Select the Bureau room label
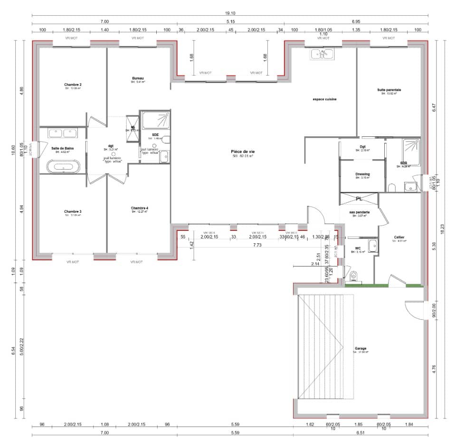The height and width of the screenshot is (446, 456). click(138, 78)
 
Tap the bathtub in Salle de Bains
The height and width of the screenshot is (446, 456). click(63, 167)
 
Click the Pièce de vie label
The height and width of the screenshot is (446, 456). click(243, 151)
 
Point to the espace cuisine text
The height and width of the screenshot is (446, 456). click(324, 99)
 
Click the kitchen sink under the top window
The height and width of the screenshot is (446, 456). click(323, 54)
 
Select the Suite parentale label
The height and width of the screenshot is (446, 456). click(389, 89)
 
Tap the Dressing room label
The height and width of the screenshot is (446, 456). click(362, 174)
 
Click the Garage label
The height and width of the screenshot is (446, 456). click(361, 348)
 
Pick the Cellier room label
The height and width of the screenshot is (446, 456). click(399, 237)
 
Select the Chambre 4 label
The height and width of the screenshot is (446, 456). click(139, 208)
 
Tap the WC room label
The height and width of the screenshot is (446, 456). click(359, 247)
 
